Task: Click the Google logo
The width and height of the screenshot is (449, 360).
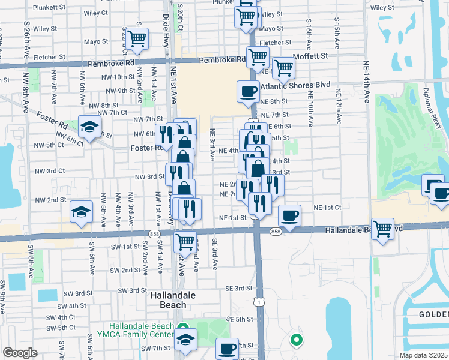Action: [19, 353]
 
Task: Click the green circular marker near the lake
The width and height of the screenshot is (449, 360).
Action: [296, 341]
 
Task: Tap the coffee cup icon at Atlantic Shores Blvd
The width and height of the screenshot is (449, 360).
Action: [248, 92]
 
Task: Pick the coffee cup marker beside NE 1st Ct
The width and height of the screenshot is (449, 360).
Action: [290, 215]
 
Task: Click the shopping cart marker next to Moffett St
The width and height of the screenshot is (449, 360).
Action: [283, 67]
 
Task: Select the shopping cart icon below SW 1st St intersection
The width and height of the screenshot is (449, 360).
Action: [185, 241]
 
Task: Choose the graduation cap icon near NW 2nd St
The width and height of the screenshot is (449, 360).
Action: [81, 211]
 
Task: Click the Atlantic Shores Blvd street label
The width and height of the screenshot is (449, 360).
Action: [295, 86]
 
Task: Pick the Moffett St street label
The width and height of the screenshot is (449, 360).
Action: [310, 56]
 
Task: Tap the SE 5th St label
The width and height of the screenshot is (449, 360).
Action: [240, 319]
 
